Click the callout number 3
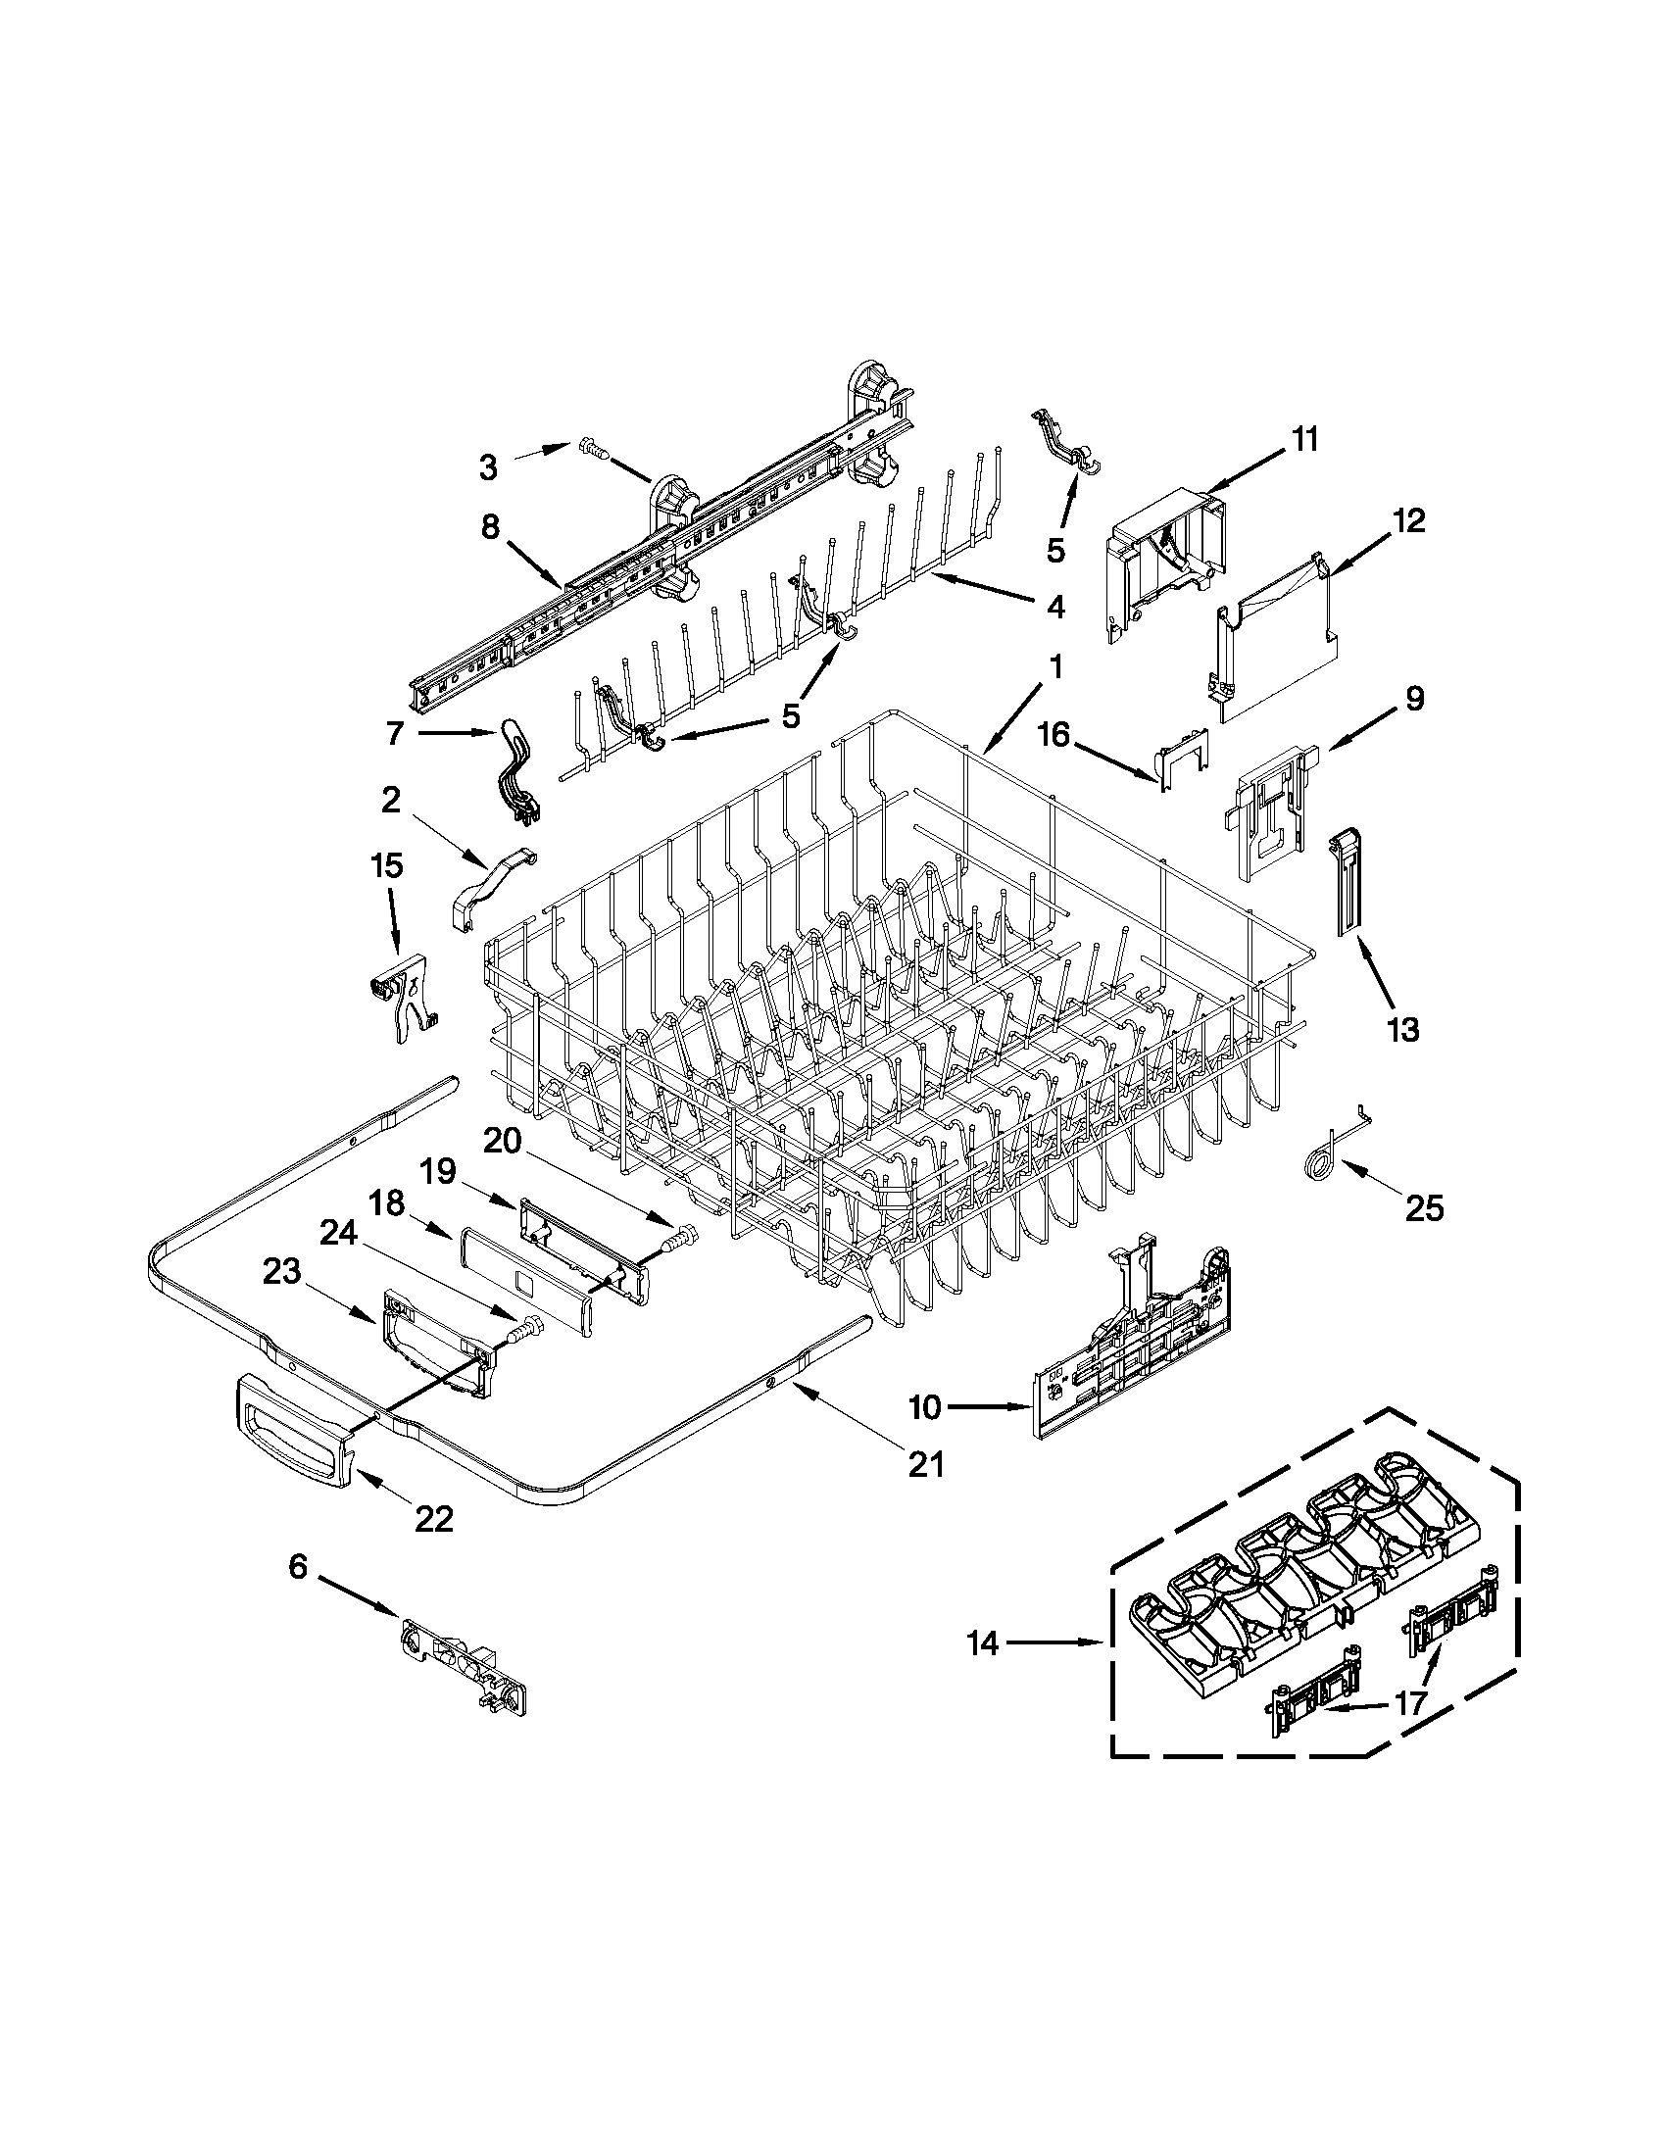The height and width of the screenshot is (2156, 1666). [x=488, y=466]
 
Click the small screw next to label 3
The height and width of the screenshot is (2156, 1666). [x=590, y=449]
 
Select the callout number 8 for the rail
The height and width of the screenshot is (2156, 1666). [x=491, y=527]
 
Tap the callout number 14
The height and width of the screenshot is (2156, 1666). [x=983, y=1643]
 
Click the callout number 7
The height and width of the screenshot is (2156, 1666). [x=395, y=733]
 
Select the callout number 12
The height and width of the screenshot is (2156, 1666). [x=1409, y=519]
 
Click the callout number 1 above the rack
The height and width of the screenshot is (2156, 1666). [x=1054, y=667]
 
